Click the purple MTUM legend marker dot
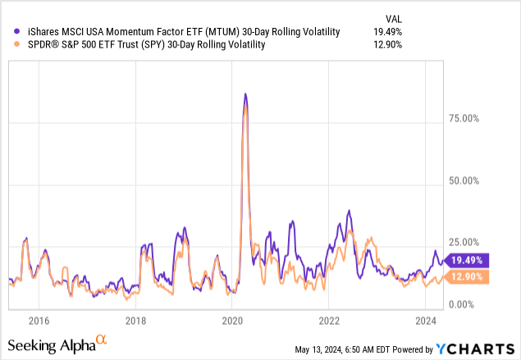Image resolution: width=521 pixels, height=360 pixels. pos(18,32)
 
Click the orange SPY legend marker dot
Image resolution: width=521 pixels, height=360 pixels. pos(18,45)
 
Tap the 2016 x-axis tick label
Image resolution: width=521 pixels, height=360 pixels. pos(39,320)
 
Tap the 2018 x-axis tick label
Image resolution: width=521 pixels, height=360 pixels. pos(135,320)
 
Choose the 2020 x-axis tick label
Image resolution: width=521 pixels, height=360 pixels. pos(232,320)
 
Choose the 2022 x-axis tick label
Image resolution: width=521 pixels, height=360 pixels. pos(329,320)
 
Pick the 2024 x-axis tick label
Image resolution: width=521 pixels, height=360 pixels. pos(425,320)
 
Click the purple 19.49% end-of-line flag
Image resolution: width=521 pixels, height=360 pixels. pos(466,260)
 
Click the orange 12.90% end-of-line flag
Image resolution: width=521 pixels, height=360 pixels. pos(466,276)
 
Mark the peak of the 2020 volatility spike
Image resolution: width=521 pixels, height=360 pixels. pos(245,94)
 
